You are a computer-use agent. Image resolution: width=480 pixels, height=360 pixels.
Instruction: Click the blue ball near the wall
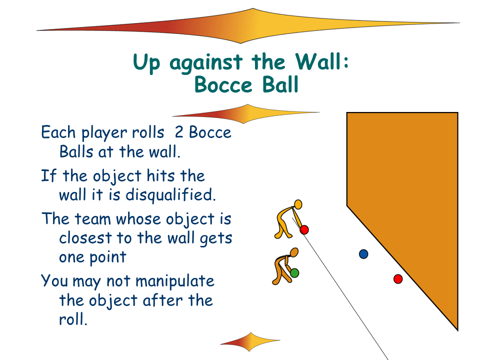pyautogui.click(x=363, y=254)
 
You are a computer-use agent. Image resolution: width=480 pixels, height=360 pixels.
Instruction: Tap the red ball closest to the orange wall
pyautogui.click(x=398, y=279)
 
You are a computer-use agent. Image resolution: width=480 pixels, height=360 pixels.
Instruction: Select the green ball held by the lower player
pyautogui.click(x=294, y=273)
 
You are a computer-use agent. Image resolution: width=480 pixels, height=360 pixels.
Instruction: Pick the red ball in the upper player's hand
pyautogui.click(x=304, y=229)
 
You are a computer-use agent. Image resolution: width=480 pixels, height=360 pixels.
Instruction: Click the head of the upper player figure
pyautogui.click(x=298, y=204)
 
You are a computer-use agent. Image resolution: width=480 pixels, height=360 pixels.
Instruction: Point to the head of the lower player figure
pyautogui.click(x=294, y=252)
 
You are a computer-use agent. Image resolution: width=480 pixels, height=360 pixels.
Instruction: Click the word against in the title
pyautogui.click(x=205, y=63)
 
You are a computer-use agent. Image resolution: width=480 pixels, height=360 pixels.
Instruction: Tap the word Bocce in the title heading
pyautogui.click(x=223, y=85)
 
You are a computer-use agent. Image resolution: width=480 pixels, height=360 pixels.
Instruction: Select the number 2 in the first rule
pyautogui.click(x=179, y=132)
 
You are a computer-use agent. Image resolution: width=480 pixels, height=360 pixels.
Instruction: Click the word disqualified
pyautogui.click(x=171, y=195)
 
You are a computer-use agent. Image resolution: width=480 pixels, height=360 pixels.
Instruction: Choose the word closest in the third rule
pyautogui.click(x=85, y=238)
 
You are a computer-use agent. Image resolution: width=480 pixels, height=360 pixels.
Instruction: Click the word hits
pyautogui.click(x=160, y=175)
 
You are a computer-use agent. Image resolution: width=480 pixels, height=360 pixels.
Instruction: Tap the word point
pyautogui.click(x=108, y=257)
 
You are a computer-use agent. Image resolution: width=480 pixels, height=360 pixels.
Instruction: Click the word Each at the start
pyautogui.click(x=58, y=132)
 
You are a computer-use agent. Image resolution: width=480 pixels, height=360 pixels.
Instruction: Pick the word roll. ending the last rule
pyautogui.click(x=73, y=319)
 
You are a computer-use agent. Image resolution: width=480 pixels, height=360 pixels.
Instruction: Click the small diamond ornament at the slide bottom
pyautogui.click(x=250, y=341)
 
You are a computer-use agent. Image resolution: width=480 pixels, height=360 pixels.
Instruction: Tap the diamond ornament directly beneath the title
pyautogui.click(x=246, y=114)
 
